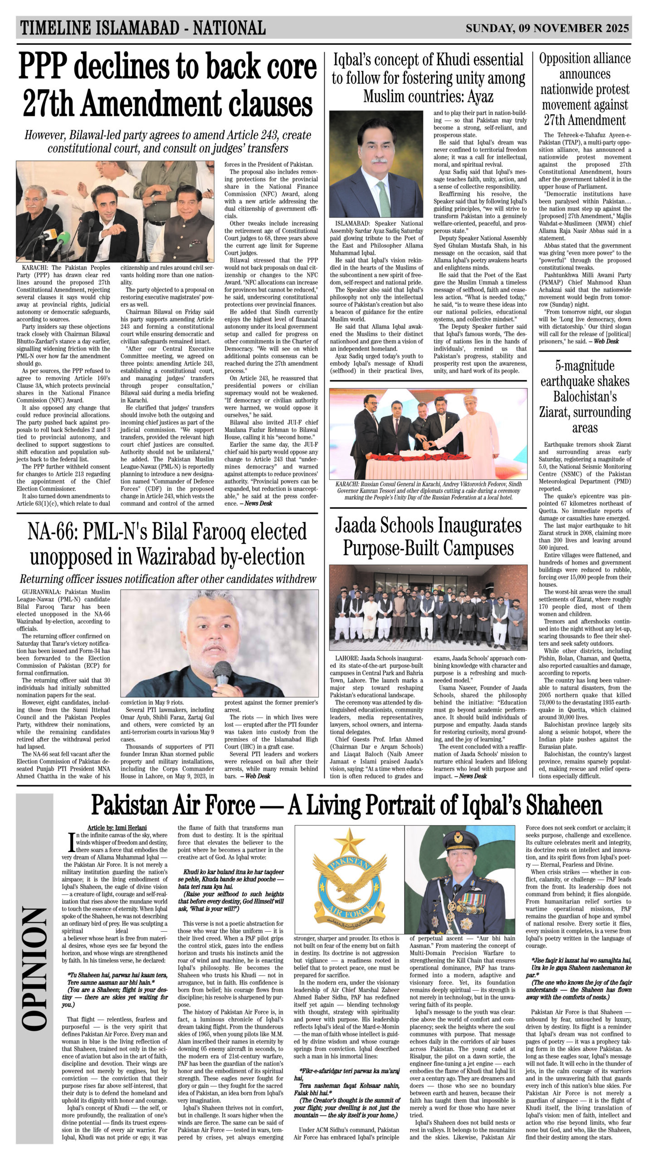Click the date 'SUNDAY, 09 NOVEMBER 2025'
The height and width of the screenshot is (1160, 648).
[x=547, y=29]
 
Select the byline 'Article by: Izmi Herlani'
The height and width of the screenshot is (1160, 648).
[x=117, y=827]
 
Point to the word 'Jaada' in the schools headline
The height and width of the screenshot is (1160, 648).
[x=361, y=526]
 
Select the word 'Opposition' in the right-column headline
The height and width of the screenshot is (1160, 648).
[x=585, y=59]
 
